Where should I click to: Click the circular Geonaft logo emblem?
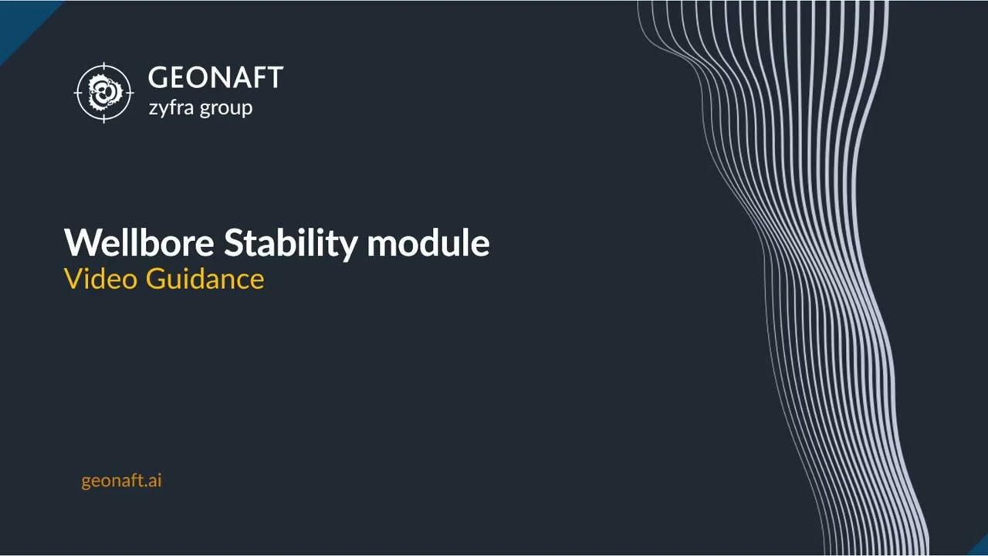[x=104, y=93]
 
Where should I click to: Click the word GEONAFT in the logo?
[x=215, y=78]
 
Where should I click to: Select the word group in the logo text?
[x=226, y=108]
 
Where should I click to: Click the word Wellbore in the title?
[x=140, y=242]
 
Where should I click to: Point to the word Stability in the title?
[x=290, y=242]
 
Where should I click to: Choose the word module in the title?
[x=428, y=242]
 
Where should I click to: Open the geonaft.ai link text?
[x=121, y=480]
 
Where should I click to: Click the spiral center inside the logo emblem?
[x=104, y=93]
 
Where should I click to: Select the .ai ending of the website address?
[x=153, y=480]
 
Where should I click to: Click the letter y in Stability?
[x=349, y=246]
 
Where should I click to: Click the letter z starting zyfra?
[x=154, y=108]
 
